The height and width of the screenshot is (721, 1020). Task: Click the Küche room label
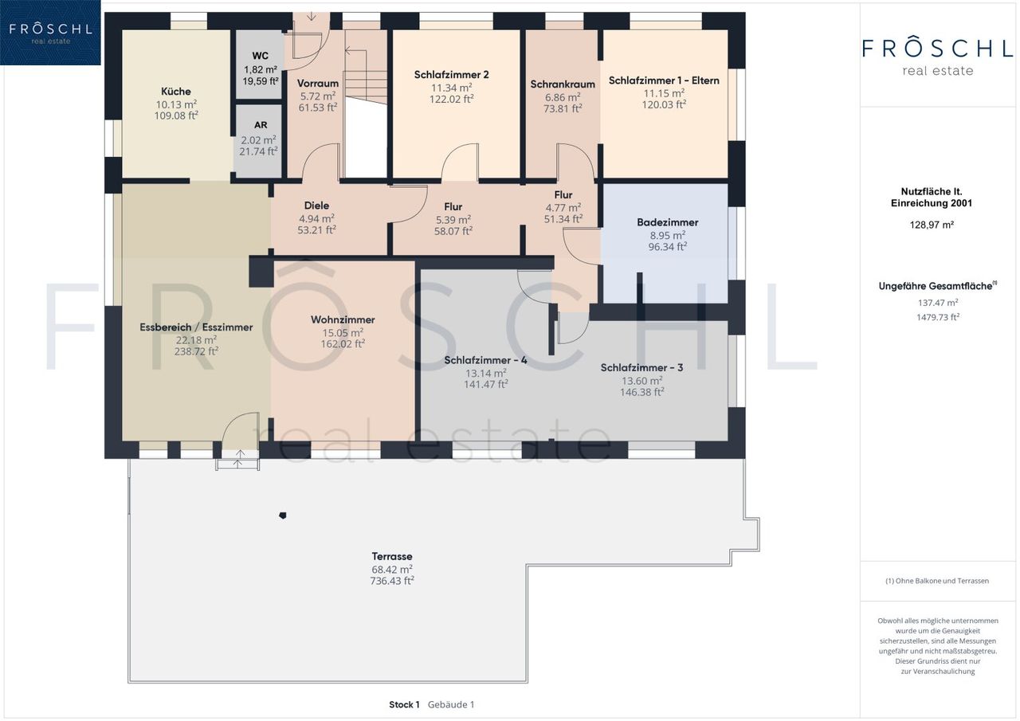(176, 92)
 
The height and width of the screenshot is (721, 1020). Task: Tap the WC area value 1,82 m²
(261, 69)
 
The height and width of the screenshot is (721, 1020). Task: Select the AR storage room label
(261, 125)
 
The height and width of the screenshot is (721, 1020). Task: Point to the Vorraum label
(318, 84)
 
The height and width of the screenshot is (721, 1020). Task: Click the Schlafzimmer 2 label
(451, 75)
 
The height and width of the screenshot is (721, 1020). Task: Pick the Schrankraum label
(563, 84)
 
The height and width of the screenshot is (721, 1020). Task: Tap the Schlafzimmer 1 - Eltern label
(664, 80)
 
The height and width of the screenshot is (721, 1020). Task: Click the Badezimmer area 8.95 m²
(668, 235)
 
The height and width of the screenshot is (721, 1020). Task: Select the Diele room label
(316, 206)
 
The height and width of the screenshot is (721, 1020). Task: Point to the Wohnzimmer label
(343, 319)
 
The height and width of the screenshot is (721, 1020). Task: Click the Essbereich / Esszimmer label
(196, 327)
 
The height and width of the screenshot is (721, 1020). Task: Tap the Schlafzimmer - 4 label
(485, 360)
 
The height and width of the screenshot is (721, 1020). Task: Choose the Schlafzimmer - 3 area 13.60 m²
(642, 381)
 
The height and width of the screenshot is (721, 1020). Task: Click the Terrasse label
(392, 556)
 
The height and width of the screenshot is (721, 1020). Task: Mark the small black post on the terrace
(283, 515)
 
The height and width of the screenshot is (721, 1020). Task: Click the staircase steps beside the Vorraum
(366, 74)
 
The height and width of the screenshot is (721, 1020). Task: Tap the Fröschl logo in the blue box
(50, 32)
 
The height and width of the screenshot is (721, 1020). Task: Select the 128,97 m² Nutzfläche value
(932, 225)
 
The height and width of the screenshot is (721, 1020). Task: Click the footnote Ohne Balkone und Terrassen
(937, 581)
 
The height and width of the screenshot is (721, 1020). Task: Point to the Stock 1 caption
(404, 704)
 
